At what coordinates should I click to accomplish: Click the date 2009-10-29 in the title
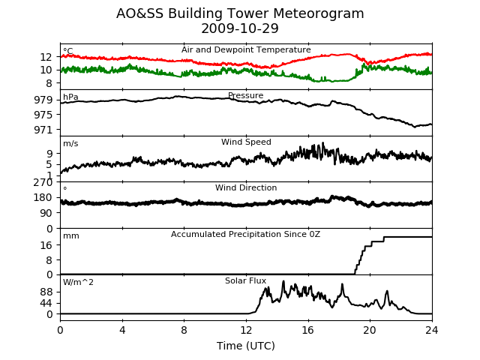pyautogui.click(x=240, y=28)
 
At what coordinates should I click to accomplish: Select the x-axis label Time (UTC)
pyautogui.click(x=246, y=346)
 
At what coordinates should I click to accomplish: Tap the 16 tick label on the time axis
pyautogui.click(x=308, y=330)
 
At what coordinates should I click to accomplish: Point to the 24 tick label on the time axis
pyautogui.click(x=432, y=330)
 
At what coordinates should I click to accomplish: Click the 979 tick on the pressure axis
pyautogui.click(x=43, y=100)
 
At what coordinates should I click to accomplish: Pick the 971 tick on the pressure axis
pyautogui.click(x=43, y=130)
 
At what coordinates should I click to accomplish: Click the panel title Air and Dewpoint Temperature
pyautogui.click(x=246, y=50)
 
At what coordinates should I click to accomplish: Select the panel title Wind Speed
pyautogui.click(x=246, y=142)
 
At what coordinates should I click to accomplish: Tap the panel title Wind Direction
pyautogui.click(x=246, y=187)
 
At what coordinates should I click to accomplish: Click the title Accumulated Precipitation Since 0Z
pyautogui.click(x=245, y=234)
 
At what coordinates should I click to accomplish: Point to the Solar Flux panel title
pyautogui.click(x=245, y=280)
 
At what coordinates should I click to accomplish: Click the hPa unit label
pyautogui.click(x=70, y=97)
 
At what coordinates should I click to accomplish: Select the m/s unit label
pyautogui.click(x=70, y=143)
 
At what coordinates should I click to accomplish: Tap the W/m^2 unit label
pyautogui.click(x=78, y=282)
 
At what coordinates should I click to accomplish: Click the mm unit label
pyautogui.click(x=71, y=236)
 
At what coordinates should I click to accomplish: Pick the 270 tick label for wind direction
pyautogui.click(x=43, y=182)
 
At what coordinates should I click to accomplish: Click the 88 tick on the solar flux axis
pyautogui.click(x=46, y=292)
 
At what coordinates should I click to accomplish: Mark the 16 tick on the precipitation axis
pyautogui.click(x=46, y=245)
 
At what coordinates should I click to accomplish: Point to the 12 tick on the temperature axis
pyautogui.click(x=46, y=57)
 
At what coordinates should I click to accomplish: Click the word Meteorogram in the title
pyautogui.click(x=318, y=13)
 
